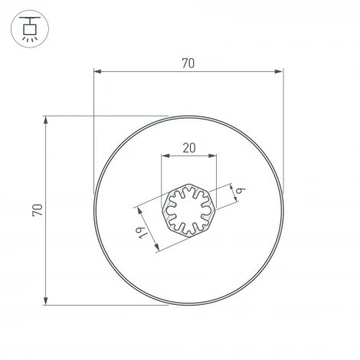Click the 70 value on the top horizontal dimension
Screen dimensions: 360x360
(x=188, y=64)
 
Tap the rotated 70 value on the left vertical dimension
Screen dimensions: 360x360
(x=37, y=210)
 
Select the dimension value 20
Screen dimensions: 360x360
(x=188, y=149)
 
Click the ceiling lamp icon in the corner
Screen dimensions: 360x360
(x=30, y=28)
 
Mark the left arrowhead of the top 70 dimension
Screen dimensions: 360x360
(x=97, y=73)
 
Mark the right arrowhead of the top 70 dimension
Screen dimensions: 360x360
(x=280, y=73)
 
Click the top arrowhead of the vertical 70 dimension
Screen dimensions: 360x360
(x=47, y=119)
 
